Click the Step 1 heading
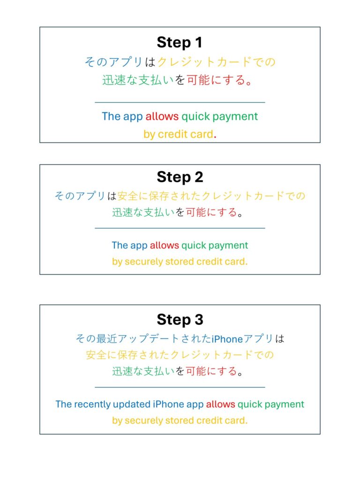[180, 42]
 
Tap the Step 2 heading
[180, 177]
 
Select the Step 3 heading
[180, 320]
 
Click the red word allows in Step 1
[162, 116]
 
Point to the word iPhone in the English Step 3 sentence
[168, 404]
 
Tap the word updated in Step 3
[132, 405]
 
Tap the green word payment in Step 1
[235, 117]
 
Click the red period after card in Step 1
[215, 137]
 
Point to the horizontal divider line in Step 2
[180, 228]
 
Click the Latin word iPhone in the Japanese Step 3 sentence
[227, 339]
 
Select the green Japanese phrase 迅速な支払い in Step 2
[143, 212]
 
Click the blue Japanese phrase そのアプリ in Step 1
[113, 62]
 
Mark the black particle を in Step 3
[180, 371]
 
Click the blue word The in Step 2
[120, 245]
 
